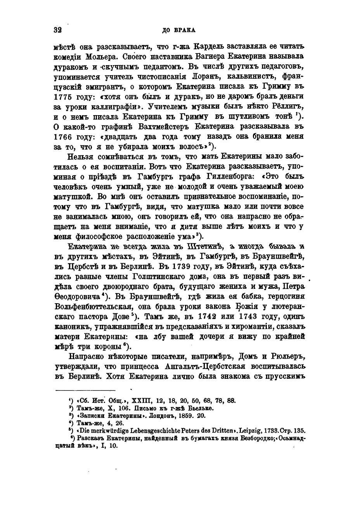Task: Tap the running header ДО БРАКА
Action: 179,30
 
